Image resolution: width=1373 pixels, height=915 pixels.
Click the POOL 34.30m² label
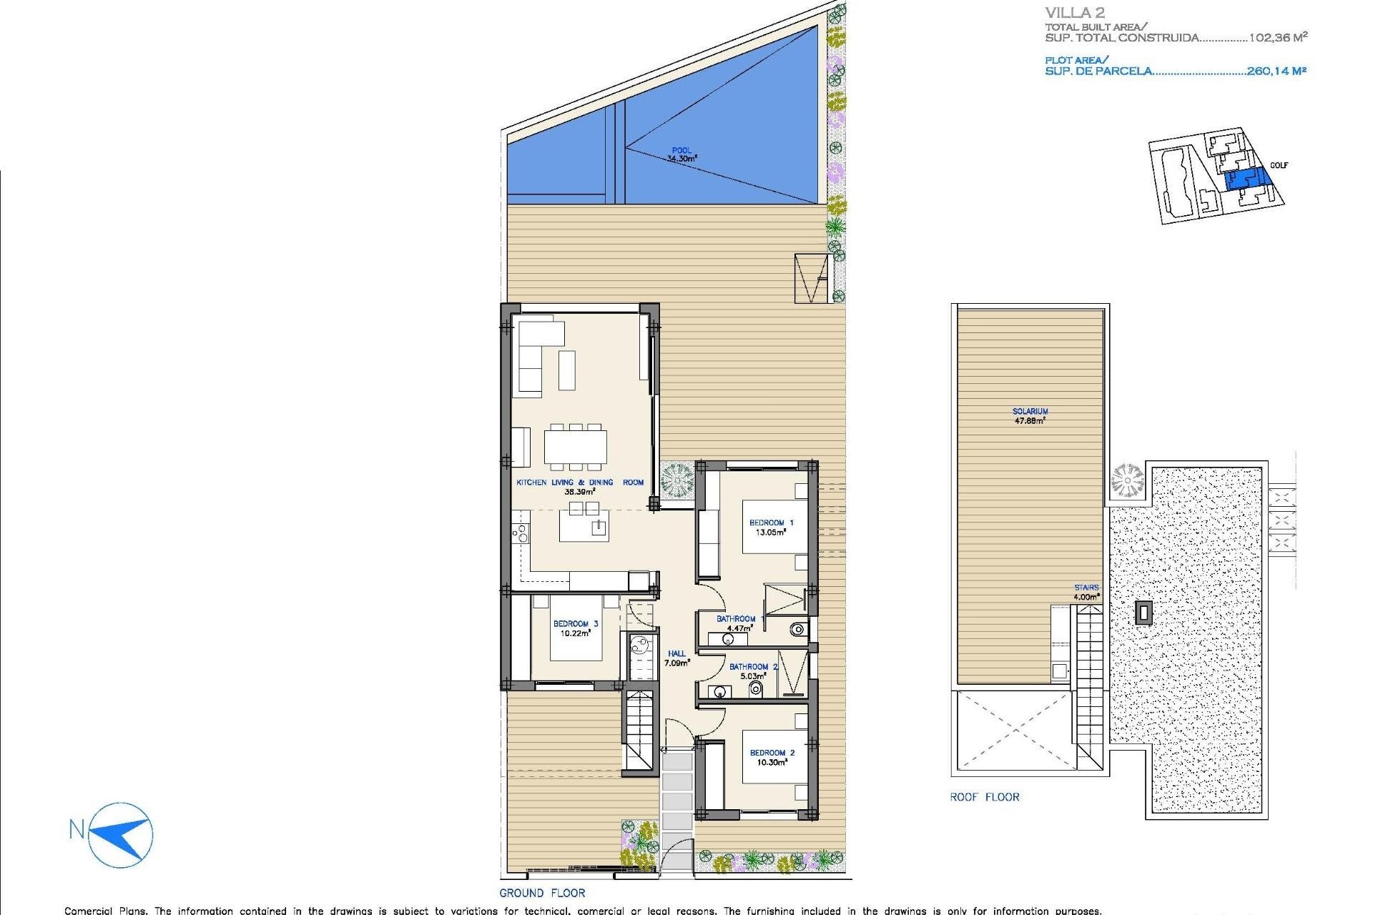681,155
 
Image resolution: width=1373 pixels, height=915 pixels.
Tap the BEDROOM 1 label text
771,528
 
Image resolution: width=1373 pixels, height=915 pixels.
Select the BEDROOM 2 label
772,758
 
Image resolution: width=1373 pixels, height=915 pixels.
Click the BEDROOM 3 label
575,628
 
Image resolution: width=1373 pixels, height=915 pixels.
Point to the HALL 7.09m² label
676,658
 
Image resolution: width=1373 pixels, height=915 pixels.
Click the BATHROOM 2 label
753,671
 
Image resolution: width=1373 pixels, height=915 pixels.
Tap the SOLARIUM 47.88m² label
1030,416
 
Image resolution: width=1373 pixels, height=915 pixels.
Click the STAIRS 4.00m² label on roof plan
1086,593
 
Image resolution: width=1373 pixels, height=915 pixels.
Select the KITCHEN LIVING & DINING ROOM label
580,487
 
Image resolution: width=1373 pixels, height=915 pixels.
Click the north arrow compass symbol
122,835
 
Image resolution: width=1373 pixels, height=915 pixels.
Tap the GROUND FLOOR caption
542,893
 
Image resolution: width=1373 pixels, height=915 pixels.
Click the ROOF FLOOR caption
984,797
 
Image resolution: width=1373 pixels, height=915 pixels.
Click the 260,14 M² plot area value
1276,71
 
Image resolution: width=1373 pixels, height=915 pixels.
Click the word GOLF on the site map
1279,165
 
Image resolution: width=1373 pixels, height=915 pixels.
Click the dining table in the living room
575,447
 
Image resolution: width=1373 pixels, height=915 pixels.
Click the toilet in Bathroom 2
755,689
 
